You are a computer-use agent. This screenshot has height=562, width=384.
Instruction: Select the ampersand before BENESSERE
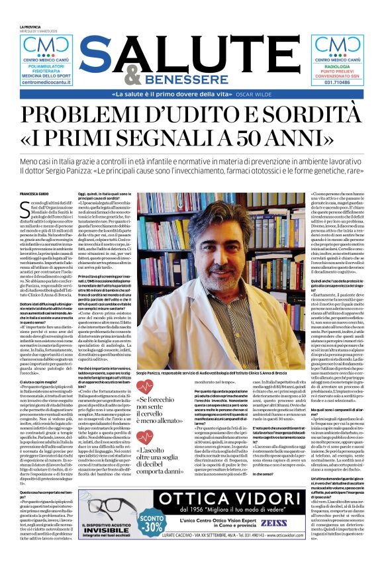133,78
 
